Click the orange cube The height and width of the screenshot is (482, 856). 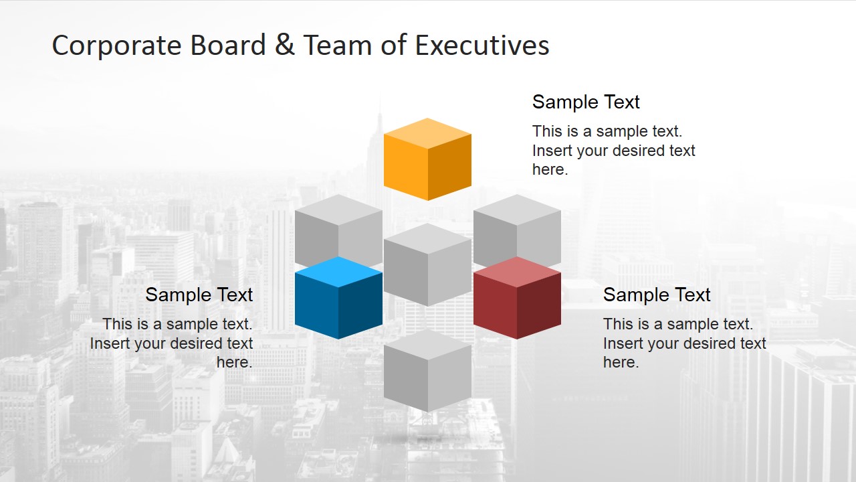(x=427, y=159)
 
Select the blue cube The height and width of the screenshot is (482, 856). (x=338, y=298)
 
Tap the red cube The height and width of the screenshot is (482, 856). (x=517, y=298)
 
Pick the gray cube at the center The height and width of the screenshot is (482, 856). (x=427, y=264)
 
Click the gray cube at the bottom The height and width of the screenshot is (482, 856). (x=427, y=370)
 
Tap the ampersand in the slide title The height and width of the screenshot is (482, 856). (x=284, y=44)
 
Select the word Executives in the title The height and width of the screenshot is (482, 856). (x=482, y=45)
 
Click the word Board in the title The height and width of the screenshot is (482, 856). (x=228, y=45)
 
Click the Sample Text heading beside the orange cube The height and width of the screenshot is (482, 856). (x=586, y=102)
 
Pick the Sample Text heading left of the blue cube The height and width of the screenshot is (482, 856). (x=199, y=295)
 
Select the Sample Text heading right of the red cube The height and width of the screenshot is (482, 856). (x=657, y=295)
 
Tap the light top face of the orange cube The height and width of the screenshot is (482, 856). (x=427, y=133)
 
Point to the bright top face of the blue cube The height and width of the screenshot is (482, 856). (x=338, y=272)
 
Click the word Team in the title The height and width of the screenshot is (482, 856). (x=338, y=45)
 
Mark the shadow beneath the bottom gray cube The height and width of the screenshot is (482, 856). (x=427, y=438)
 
